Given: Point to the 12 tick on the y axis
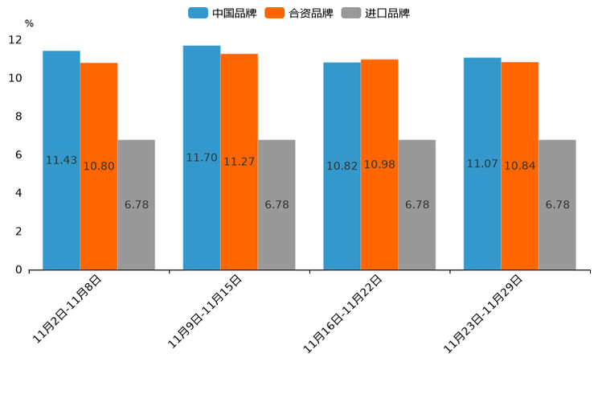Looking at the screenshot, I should pos(15,39).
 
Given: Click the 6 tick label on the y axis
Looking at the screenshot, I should pos(18,154).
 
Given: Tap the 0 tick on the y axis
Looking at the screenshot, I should pos(18,269).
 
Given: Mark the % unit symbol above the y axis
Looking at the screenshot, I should pos(29,23).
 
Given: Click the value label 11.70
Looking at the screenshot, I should pos(202,158).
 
